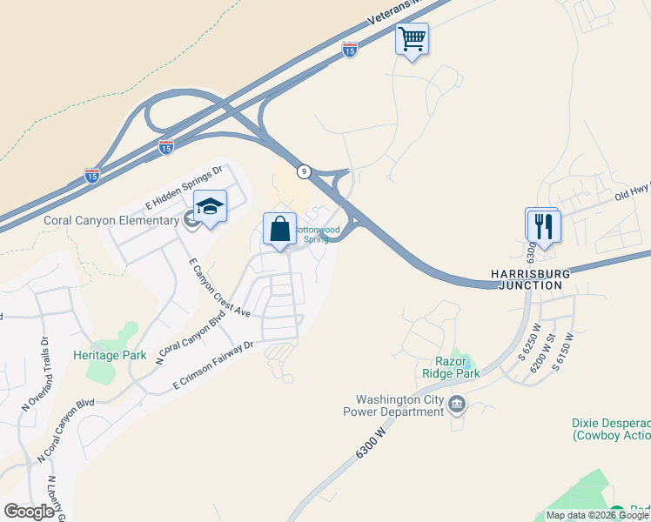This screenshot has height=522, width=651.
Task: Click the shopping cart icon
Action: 412,38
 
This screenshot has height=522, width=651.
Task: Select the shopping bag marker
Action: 280,230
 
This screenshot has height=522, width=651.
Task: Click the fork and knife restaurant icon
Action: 544,226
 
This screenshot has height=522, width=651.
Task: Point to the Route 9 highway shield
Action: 303,171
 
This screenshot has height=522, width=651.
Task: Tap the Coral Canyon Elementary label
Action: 111,221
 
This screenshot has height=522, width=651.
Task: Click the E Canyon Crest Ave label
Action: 219,287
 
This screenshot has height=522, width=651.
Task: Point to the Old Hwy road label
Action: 632,189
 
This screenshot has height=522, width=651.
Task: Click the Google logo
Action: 29,512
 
